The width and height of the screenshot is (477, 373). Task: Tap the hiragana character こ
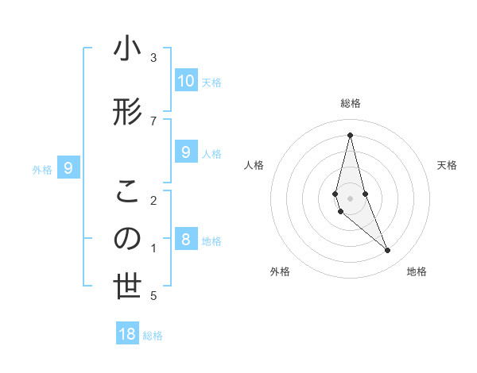[127, 191]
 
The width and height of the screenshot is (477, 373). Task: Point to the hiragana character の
[127, 239]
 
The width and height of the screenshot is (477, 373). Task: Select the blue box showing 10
[185, 81]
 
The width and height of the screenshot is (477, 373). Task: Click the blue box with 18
[127, 334]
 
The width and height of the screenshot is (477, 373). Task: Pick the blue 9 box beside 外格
[69, 168]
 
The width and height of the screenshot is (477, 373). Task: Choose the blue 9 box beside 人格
[185, 152]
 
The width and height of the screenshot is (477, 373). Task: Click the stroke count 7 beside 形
[153, 121]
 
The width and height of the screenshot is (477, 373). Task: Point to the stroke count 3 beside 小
[153, 58]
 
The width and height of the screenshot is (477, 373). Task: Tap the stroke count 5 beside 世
[153, 296]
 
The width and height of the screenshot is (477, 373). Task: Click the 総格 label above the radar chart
[350, 103]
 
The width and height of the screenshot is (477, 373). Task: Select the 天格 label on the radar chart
[448, 165]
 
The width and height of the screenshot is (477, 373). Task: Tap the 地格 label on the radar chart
[417, 271]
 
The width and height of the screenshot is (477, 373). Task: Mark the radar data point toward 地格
[388, 251]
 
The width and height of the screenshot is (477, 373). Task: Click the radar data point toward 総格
[350, 135]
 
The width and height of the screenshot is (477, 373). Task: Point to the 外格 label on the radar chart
[280, 271]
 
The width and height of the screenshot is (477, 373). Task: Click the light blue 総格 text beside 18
[153, 336]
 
